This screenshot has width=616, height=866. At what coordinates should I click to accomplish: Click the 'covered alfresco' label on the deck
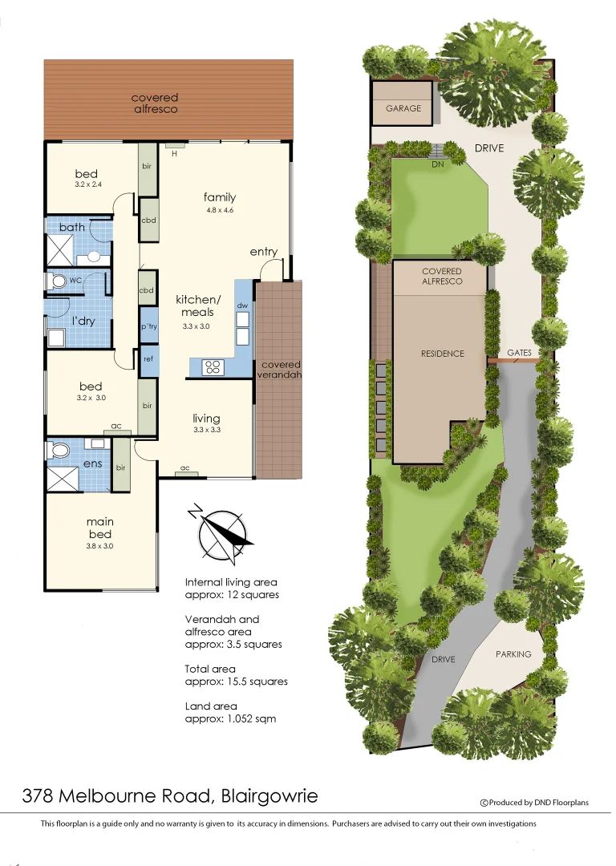(x=155, y=103)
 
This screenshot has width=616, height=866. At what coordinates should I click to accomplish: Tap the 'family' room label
(x=219, y=197)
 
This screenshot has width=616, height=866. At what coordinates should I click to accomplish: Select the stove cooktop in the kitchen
(x=213, y=367)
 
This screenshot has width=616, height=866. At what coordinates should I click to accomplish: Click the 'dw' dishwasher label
(x=242, y=306)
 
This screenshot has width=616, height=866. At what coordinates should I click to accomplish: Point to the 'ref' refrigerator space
(x=148, y=359)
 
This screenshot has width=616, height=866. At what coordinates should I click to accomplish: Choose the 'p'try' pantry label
(x=148, y=327)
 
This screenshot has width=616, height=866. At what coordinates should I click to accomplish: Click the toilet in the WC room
(x=58, y=281)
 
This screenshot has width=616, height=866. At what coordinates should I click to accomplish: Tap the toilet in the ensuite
(x=57, y=451)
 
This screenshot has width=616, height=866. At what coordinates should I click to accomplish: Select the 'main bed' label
(x=99, y=528)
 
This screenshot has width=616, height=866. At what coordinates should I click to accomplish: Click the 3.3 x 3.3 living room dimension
(x=206, y=430)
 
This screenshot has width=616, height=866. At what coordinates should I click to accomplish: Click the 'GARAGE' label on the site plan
(x=403, y=108)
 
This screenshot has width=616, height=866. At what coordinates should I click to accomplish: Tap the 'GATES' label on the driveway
(x=519, y=353)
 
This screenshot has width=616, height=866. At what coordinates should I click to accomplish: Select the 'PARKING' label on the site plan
(x=513, y=654)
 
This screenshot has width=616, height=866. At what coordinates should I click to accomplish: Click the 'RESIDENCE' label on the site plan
(x=442, y=354)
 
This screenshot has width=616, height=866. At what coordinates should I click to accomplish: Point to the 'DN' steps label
(x=437, y=164)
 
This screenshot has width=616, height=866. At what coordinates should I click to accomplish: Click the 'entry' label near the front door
(x=263, y=252)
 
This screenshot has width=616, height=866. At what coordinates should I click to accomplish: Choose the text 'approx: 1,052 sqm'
(x=230, y=719)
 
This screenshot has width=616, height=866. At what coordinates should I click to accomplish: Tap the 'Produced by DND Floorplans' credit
(x=538, y=802)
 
